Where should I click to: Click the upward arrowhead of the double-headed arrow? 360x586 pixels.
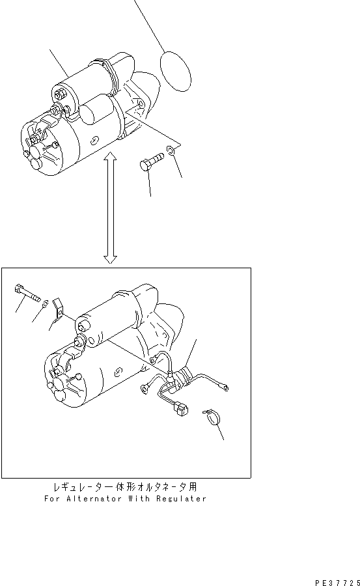point(111,156)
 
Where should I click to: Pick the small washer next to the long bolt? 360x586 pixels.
point(44,304)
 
